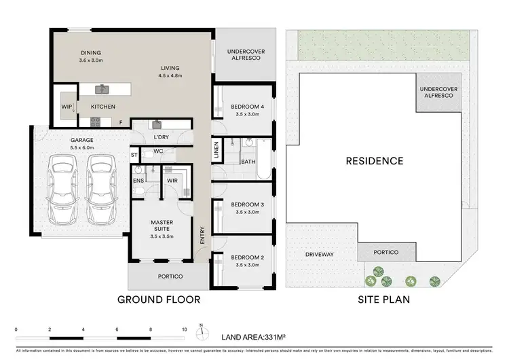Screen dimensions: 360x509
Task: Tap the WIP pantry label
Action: pyautogui.click(x=67, y=107)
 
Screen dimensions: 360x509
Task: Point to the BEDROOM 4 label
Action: pyautogui.click(x=246, y=107)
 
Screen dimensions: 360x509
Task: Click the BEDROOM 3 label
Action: pyautogui.click(x=246, y=204)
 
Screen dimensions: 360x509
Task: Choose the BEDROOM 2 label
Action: pyautogui.click(x=246, y=257)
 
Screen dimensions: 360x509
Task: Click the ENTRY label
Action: pyautogui.click(x=202, y=235)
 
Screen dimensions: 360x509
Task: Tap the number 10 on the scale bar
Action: pyautogui.click(x=184, y=329)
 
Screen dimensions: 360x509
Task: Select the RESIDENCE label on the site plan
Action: pyautogui.click(x=375, y=161)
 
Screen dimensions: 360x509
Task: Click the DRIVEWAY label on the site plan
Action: pyautogui.click(x=320, y=254)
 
